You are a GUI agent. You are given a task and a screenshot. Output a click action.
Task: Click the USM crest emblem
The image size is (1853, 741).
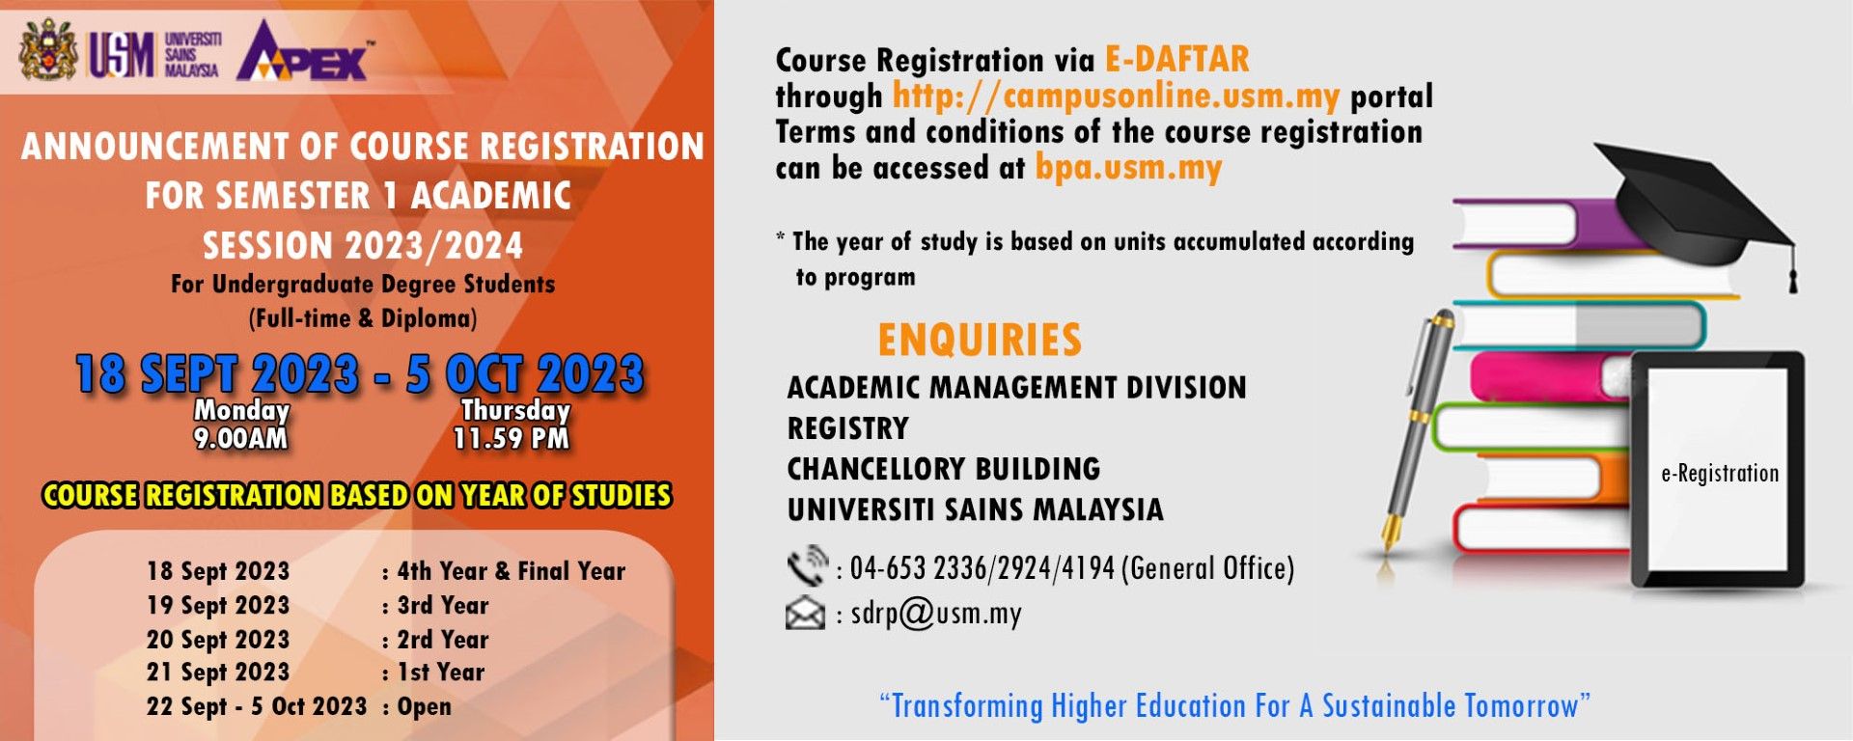(x=48, y=50)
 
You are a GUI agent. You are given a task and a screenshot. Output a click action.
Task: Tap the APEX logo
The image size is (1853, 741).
(x=305, y=52)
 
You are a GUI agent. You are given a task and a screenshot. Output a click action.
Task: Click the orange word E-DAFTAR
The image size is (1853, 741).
(x=1176, y=60)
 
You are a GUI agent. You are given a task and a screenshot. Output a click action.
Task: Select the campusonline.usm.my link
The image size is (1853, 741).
(x=1115, y=96)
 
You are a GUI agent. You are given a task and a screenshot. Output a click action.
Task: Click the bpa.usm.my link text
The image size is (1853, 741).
(x=1128, y=168)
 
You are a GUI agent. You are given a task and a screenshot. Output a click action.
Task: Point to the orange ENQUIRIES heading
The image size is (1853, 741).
(x=979, y=340)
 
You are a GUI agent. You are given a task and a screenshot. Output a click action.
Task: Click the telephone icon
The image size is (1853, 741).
(x=806, y=566)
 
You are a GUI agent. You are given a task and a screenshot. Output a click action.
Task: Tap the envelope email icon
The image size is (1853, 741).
(x=805, y=614)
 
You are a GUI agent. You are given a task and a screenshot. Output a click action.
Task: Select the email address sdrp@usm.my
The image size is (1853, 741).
(x=935, y=614)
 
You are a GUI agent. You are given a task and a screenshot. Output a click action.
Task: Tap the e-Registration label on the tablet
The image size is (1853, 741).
(x=1719, y=474)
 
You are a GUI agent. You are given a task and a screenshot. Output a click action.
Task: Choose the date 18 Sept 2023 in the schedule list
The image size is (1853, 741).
(x=218, y=571)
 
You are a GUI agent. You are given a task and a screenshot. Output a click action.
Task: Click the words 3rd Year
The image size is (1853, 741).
(x=443, y=606)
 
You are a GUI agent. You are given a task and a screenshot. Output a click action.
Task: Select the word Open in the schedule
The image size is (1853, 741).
(x=424, y=707)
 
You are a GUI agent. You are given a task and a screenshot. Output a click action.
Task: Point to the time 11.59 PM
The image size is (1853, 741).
(x=512, y=439)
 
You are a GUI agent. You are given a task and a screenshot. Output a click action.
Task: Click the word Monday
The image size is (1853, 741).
(x=241, y=410)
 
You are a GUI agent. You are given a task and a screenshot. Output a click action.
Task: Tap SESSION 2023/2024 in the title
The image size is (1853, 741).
(x=362, y=246)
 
